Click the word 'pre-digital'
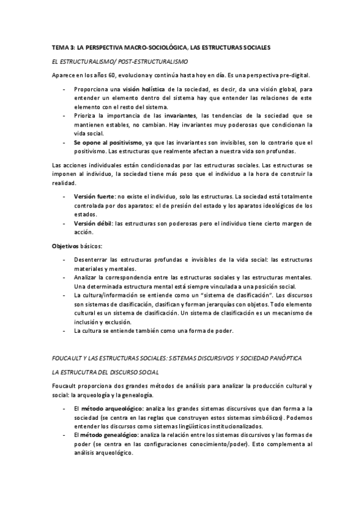point(291,75)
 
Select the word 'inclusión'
point(86,321)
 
